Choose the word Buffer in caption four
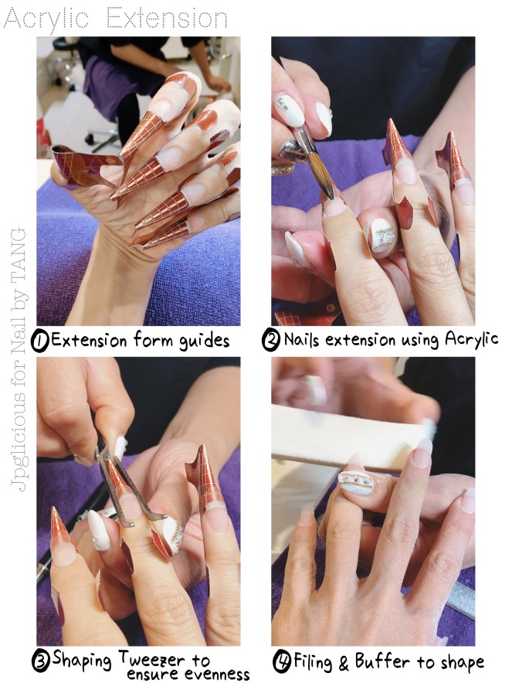pos(379,661)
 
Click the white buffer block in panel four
pos(348,437)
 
